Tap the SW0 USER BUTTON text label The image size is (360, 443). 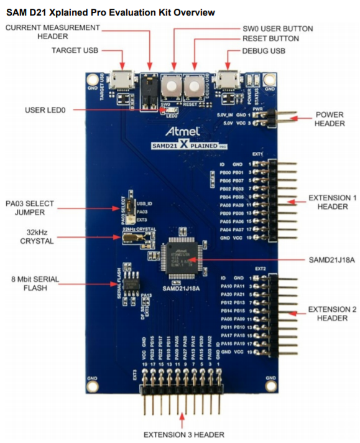[x=277, y=29]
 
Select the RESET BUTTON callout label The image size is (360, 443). [x=270, y=39]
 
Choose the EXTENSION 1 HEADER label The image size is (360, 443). [x=328, y=202]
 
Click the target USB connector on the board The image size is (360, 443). [x=122, y=80]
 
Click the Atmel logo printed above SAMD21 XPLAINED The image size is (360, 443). [x=183, y=132]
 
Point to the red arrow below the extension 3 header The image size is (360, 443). [x=182, y=419]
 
